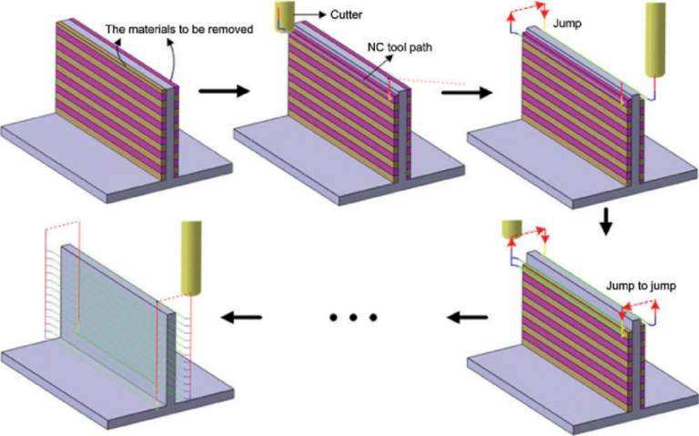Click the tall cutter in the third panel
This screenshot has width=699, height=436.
coord(658,41)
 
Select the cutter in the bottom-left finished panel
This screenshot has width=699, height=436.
coord(193,258)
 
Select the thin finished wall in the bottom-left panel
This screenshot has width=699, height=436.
coord(118,291)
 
